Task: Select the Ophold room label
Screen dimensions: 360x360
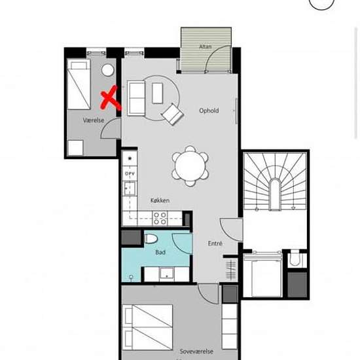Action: pos(209,111)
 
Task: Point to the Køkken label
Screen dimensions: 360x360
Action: pos(160,201)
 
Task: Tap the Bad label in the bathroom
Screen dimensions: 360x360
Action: pos(160,251)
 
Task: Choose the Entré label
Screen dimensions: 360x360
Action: pos(215,243)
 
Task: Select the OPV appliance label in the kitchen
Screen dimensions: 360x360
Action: pos(129,173)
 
